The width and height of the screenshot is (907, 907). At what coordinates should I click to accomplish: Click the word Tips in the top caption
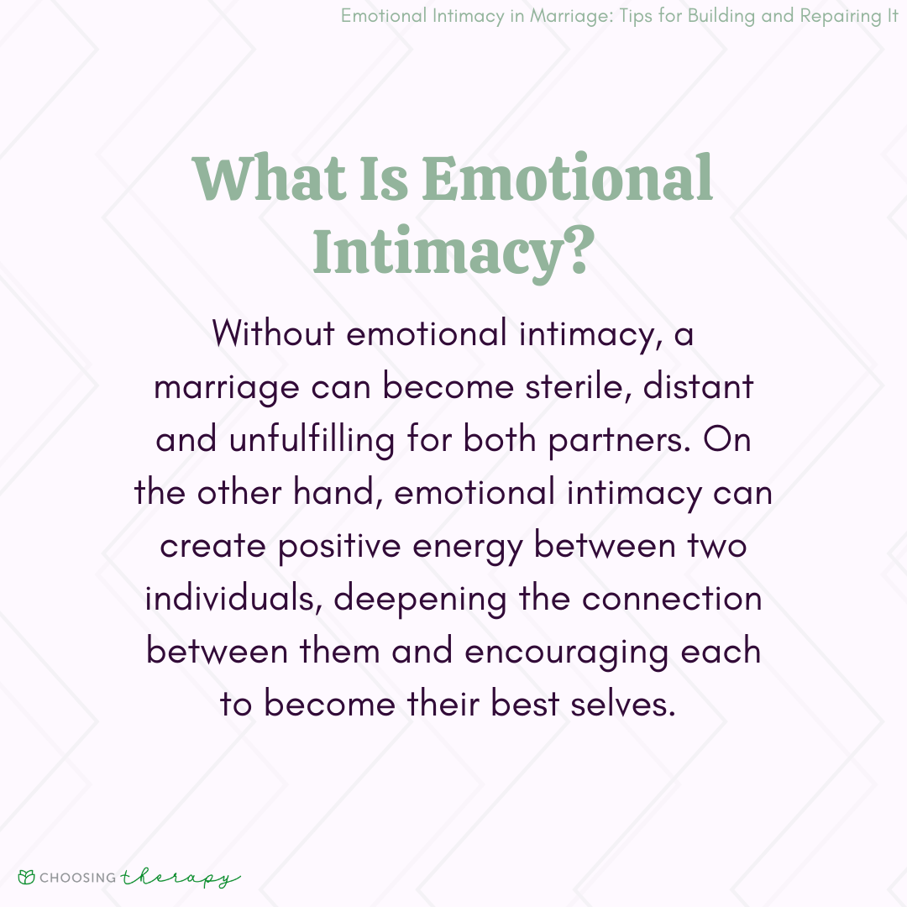(x=635, y=16)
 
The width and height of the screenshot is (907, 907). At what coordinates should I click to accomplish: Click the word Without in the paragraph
(x=273, y=333)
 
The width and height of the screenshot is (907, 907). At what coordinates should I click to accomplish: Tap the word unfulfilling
(x=312, y=439)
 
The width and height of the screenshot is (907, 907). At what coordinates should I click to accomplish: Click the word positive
(x=339, y=547)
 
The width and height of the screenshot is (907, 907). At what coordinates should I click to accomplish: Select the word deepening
(x=420, y=600)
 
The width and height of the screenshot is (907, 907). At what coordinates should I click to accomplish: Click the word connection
(x=672, y=599)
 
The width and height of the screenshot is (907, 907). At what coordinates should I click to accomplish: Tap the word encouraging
(x=566, y=653)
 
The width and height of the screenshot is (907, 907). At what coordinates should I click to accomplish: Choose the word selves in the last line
(x=623, y=705)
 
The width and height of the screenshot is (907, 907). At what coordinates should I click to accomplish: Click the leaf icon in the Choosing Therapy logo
(x=26, y=877)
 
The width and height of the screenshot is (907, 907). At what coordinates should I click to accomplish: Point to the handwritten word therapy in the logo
(x=181, y=878)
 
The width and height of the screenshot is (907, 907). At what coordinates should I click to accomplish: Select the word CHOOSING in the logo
(x=78, y=878)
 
